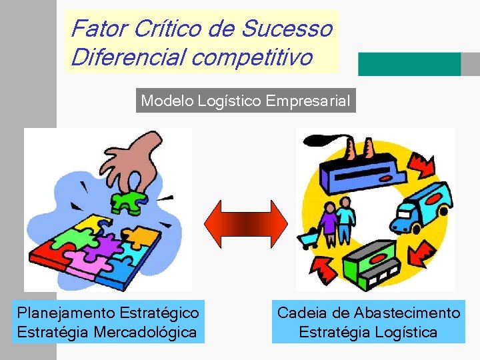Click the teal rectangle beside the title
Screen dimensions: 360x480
coord(409,64)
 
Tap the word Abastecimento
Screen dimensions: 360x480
coord(407,313)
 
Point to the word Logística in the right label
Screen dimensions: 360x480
coord(405,331)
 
